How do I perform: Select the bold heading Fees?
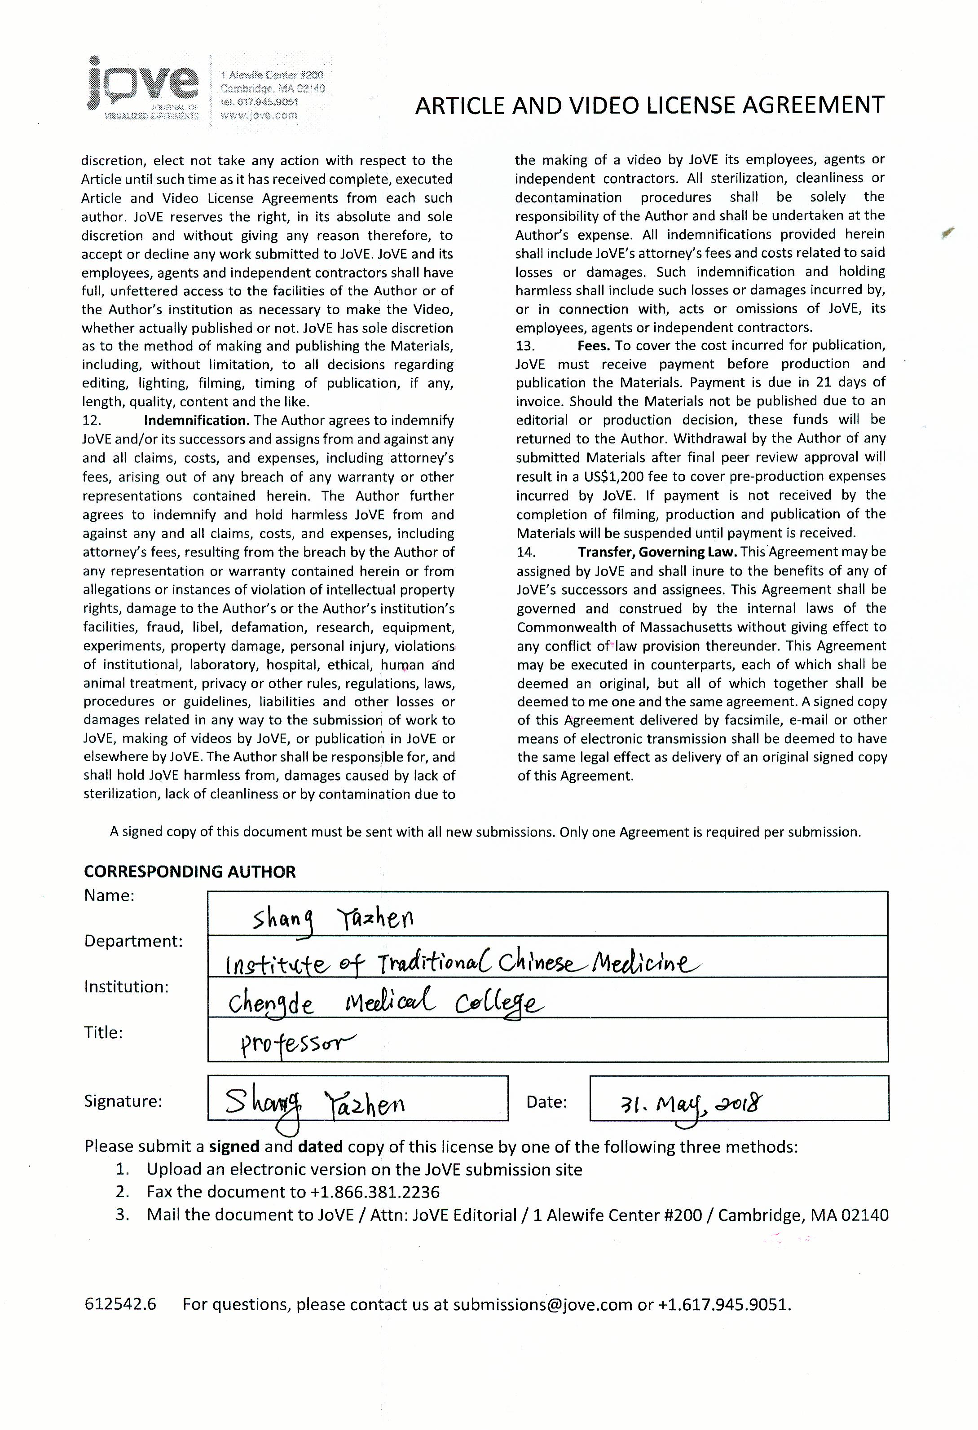[593, 345]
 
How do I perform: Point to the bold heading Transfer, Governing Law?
[657, 552]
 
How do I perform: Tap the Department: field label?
[133, 941]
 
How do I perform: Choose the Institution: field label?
[126, 987]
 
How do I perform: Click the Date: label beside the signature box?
[546, 1102]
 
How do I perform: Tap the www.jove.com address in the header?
[259, 115]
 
